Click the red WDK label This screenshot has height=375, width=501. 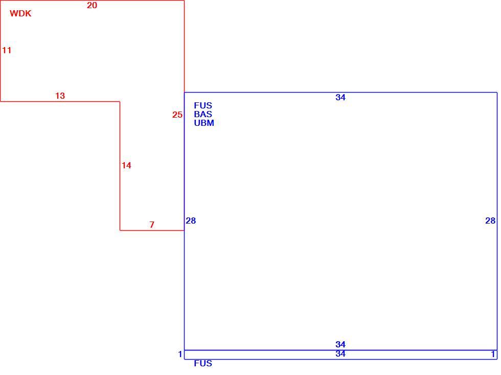(x=20, y=13)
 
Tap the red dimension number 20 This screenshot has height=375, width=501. (x=92, y=5)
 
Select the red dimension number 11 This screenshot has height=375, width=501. (x=7, y=50)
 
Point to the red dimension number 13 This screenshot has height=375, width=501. (x=60, y=96)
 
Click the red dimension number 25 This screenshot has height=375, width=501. (x=177, y=115)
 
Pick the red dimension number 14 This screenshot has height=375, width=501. (x=126, y=165)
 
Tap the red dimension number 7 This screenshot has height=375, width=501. (x=152, y=225)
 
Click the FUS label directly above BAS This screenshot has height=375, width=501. (x=203, y=105)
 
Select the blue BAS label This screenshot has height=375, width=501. (x=203, y=114)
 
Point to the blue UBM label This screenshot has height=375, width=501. (x=204, y=123)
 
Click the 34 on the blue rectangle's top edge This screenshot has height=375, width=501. (x=340, y=97)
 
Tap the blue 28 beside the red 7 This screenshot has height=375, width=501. (x=191, y=220)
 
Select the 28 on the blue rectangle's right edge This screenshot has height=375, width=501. (x=490, y=220)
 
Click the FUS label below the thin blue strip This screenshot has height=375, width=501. (x=203, y=364)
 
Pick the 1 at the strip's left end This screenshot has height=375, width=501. (x=180, y=354)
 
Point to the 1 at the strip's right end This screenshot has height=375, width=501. (x=493, y=354)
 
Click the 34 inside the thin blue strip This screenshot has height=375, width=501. (x=340, y=354)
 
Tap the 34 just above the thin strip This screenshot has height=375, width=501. (x=340, y=344)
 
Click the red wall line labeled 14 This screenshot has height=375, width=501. (x=120, y=166)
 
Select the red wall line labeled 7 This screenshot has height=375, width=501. (x=152, y=230)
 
